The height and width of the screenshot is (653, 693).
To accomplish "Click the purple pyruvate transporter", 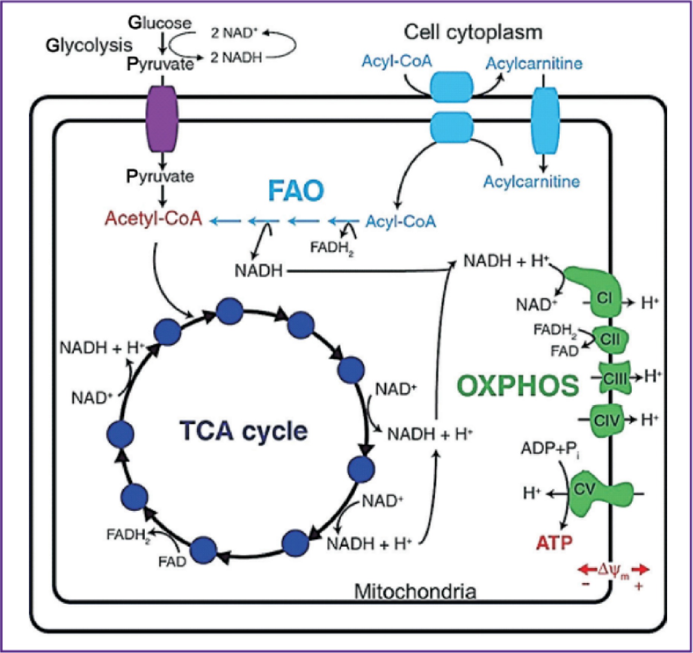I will click(162, 118).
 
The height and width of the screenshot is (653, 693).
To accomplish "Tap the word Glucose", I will click(160, 23).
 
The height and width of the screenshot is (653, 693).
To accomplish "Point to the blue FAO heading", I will click(296, 191).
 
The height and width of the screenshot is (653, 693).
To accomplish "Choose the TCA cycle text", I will click(244, 431).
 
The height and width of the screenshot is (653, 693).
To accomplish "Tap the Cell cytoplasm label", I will click(473, 32).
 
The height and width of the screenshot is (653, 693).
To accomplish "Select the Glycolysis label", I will click(89, 46).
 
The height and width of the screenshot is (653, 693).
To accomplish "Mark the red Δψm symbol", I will click(613, 571).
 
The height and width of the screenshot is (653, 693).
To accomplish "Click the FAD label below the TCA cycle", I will click(172, 562).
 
